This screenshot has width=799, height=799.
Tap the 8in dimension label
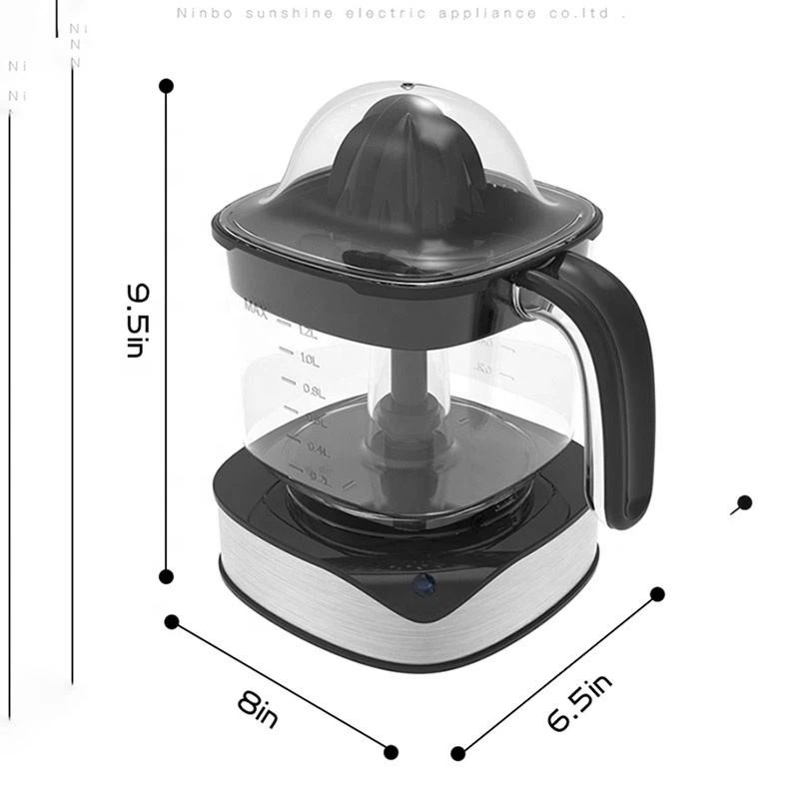click(x=259, y=708)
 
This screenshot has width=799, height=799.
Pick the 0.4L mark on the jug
click(x=319, y=450)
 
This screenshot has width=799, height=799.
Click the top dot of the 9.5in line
click(x=167, y=86)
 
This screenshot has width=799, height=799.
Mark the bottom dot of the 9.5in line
click(x=167, y=575)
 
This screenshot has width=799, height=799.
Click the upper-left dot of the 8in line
click(x=171, y=621)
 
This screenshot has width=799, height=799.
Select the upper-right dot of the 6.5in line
click(x=657, y=594)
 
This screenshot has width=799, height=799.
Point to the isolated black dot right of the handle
click(x=744, y=502)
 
